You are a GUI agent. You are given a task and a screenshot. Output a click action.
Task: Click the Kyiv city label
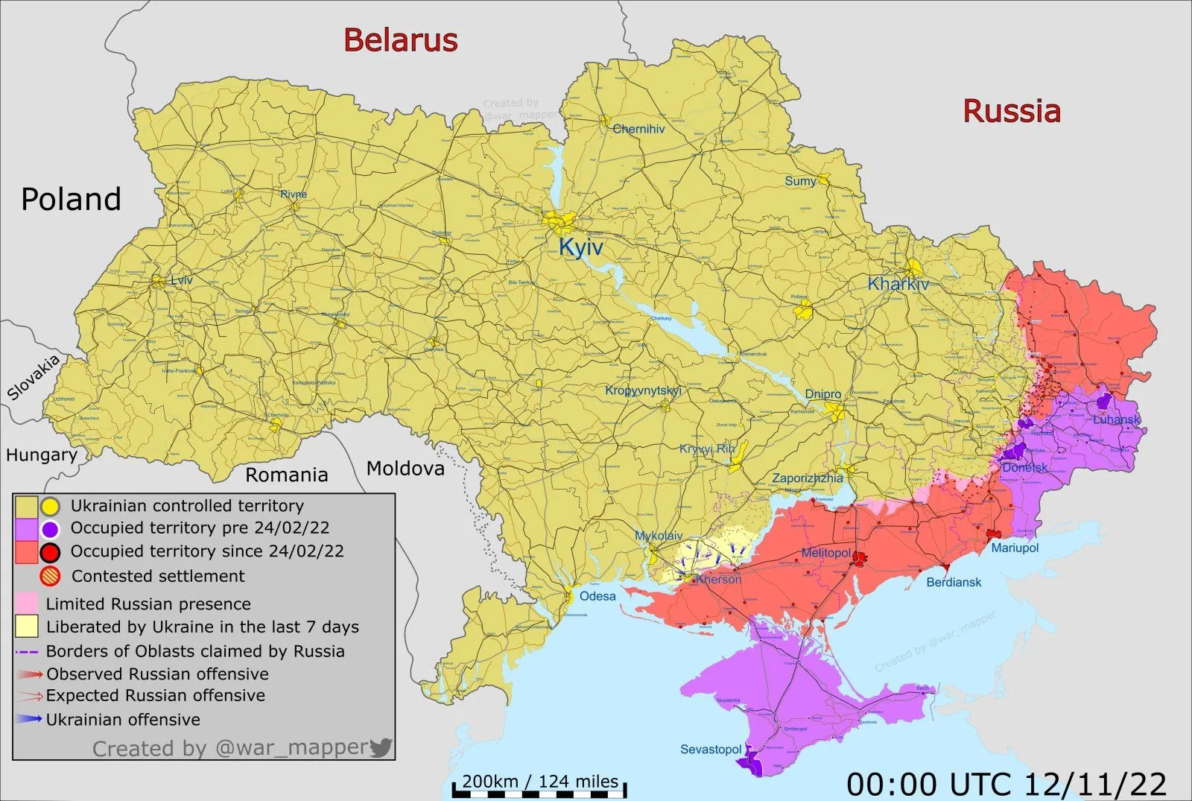click(580, 247)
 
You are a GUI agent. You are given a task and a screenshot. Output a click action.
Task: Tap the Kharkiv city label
click(898, 284)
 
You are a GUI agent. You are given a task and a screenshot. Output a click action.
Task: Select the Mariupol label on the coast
click(1015, 548)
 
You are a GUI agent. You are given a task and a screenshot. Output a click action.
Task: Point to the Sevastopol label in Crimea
click(711, 749)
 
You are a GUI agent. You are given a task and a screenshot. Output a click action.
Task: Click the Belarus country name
click(400, 40)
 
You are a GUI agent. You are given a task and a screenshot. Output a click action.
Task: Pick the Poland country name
click(71, 199)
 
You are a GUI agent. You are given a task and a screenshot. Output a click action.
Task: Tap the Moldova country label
click(405, 468)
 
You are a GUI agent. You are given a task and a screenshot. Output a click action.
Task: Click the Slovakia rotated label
click(34, 378)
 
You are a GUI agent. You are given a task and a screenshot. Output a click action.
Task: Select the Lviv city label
click(181, 280)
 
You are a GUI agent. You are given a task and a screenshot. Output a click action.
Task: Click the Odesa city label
click(597, 596)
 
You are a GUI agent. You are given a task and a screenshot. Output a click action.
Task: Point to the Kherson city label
click(718, 579)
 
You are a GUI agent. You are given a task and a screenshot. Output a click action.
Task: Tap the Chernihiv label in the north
click(638, 129)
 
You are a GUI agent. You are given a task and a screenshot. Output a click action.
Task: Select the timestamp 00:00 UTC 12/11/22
click(1006, 784)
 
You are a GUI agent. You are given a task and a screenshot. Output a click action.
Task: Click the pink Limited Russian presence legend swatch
click(26, 603)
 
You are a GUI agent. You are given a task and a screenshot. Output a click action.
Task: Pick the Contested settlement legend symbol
click(50, 576)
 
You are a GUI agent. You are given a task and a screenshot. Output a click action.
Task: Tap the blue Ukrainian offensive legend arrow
click(28, 719)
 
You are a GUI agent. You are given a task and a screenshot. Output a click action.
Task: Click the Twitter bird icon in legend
click(381, 747)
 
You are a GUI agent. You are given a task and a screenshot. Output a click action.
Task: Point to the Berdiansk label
click(954, 582)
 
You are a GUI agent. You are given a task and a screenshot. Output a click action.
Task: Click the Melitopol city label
click(825, 552)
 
